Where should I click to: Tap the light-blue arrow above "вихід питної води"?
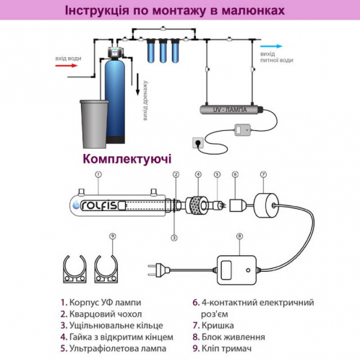[x=270, y=45]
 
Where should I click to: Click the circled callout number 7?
[x=264, y=174]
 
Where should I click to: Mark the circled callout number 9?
[x=112, y=236]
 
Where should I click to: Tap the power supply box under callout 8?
[x=239, y=267]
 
